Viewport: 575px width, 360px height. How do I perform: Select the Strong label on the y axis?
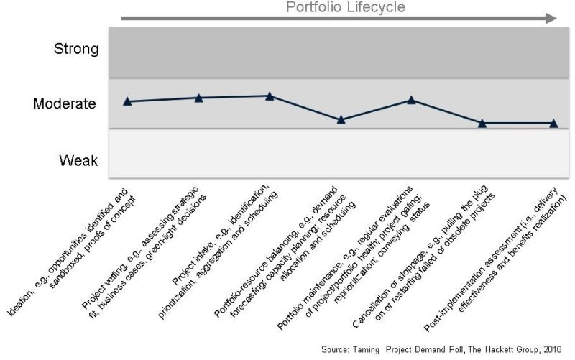pyautogui.click(x=75, y=50)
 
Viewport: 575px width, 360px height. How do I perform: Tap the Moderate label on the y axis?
pyautogui.click(x=65, y=103)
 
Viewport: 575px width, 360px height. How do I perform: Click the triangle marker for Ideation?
pyautogui.click(x=127, y=101)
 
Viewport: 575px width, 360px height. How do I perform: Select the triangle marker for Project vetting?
pyautogui.click(x=199, y=98)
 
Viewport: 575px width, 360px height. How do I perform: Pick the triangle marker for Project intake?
pyautogui.click(x=270, y=96)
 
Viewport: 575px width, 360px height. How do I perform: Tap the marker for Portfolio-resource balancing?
pyautogui.click(x=341, y=120)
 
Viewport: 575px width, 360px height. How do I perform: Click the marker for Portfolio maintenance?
pyautogui.click(x=412, y=100)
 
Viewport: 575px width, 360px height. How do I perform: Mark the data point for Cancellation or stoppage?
pyautogui.click(x=483, y=124)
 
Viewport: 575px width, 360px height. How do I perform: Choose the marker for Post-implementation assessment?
pyautogui.click(x=553, y=124)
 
